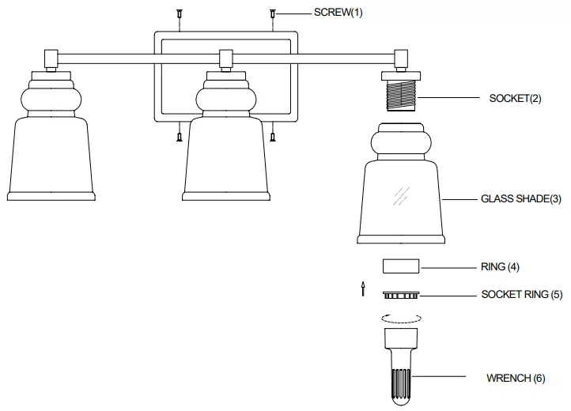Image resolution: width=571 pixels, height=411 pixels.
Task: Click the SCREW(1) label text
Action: pyautogui.click(x=338, y=13)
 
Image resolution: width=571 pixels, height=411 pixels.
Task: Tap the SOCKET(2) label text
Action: pyautogui.click(x=515, y=98)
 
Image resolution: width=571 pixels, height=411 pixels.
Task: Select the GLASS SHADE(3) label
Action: pyautogui.click(x=520, y=199)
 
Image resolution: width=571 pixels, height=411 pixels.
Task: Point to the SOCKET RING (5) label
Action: pyautogui.click(x=522, y=294)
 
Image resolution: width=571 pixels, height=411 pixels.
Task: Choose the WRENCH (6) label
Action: pyautogui.click(x=516, y=378)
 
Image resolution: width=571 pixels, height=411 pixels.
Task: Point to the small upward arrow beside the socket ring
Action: pyautogui.click(x=363, y=288)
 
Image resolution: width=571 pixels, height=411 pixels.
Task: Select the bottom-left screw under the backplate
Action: pyautogui.click(x=180, y=136)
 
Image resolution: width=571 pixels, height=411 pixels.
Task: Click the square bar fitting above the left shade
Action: pyautogui.click(x=51, y=57)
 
